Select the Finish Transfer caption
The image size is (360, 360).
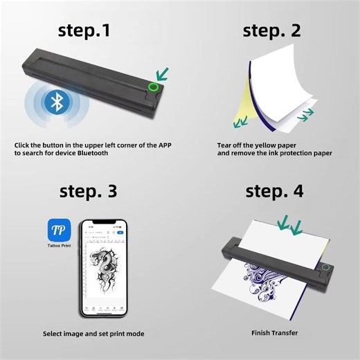pos(274,333)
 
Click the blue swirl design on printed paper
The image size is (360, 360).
pos(277,284)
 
